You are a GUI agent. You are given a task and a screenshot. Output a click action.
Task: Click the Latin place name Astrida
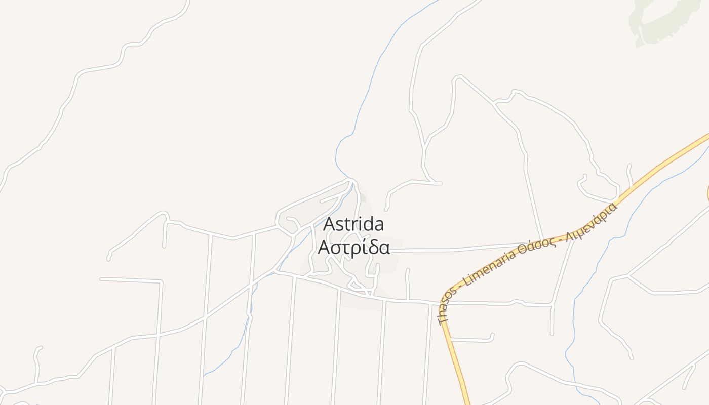pyautogui.click(x=353, y=224)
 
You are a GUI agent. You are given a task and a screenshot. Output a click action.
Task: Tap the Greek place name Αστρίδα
pyautogui.click(x=353, y=248)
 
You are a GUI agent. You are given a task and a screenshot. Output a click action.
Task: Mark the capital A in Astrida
pyautogui.click(x=329, y=224)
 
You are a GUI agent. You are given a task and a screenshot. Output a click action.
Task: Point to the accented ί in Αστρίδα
pyautogui.click(x=358, y=248)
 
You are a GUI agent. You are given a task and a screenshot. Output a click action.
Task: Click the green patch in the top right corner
pyautogui.click(x=658, y=20)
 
